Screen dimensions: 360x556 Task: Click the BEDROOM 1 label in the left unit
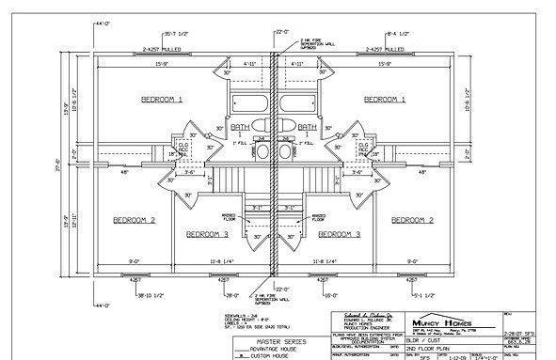pyautogui.click(x=162, y=98)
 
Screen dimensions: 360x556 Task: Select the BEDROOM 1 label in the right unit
pyautogui.click(x=384, y=98)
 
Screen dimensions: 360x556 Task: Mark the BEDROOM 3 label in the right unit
pyautogui.click(x=339, y=232)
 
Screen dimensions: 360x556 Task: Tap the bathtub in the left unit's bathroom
pyautogui.click(x=244, y=102)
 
